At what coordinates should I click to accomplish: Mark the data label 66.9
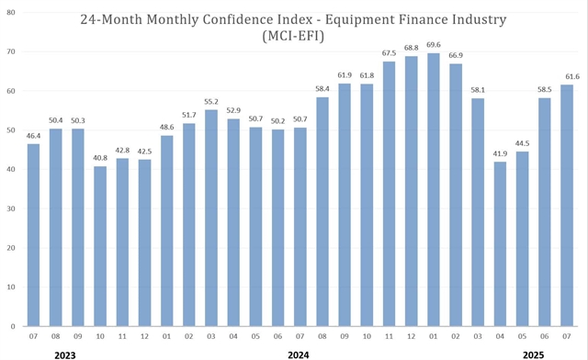456,55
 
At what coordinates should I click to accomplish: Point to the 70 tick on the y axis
12,52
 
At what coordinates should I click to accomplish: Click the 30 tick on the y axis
12,208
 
